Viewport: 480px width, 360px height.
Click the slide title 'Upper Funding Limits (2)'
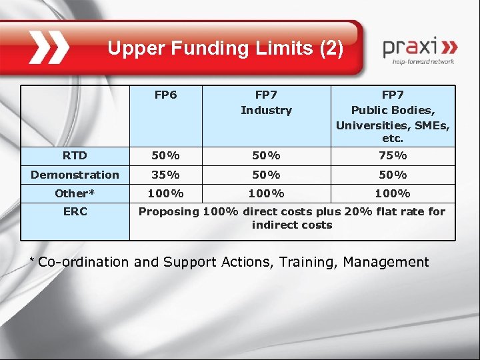[225, 48]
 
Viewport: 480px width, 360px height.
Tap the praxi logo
[419, 51]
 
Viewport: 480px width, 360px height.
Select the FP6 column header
[165, 95]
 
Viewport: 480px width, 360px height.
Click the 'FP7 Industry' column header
[266, 103]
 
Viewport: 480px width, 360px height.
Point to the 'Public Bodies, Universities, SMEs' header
[393, 117]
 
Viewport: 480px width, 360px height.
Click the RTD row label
[75, 155]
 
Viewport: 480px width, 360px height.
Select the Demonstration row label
[75, 175]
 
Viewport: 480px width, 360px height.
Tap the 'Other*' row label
[75, 193]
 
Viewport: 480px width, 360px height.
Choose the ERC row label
[75, 212]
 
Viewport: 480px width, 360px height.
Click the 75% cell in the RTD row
[393, 155]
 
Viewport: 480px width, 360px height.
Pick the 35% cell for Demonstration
[165, 175]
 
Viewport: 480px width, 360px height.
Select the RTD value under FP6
[165, 155]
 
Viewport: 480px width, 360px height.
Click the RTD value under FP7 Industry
[266, 155]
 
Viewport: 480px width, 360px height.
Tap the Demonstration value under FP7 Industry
[266, 175]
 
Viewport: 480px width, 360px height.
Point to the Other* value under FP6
[165, 193]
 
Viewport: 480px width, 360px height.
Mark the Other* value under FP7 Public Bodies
[393, 193]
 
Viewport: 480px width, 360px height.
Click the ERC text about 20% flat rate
[292, 218]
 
